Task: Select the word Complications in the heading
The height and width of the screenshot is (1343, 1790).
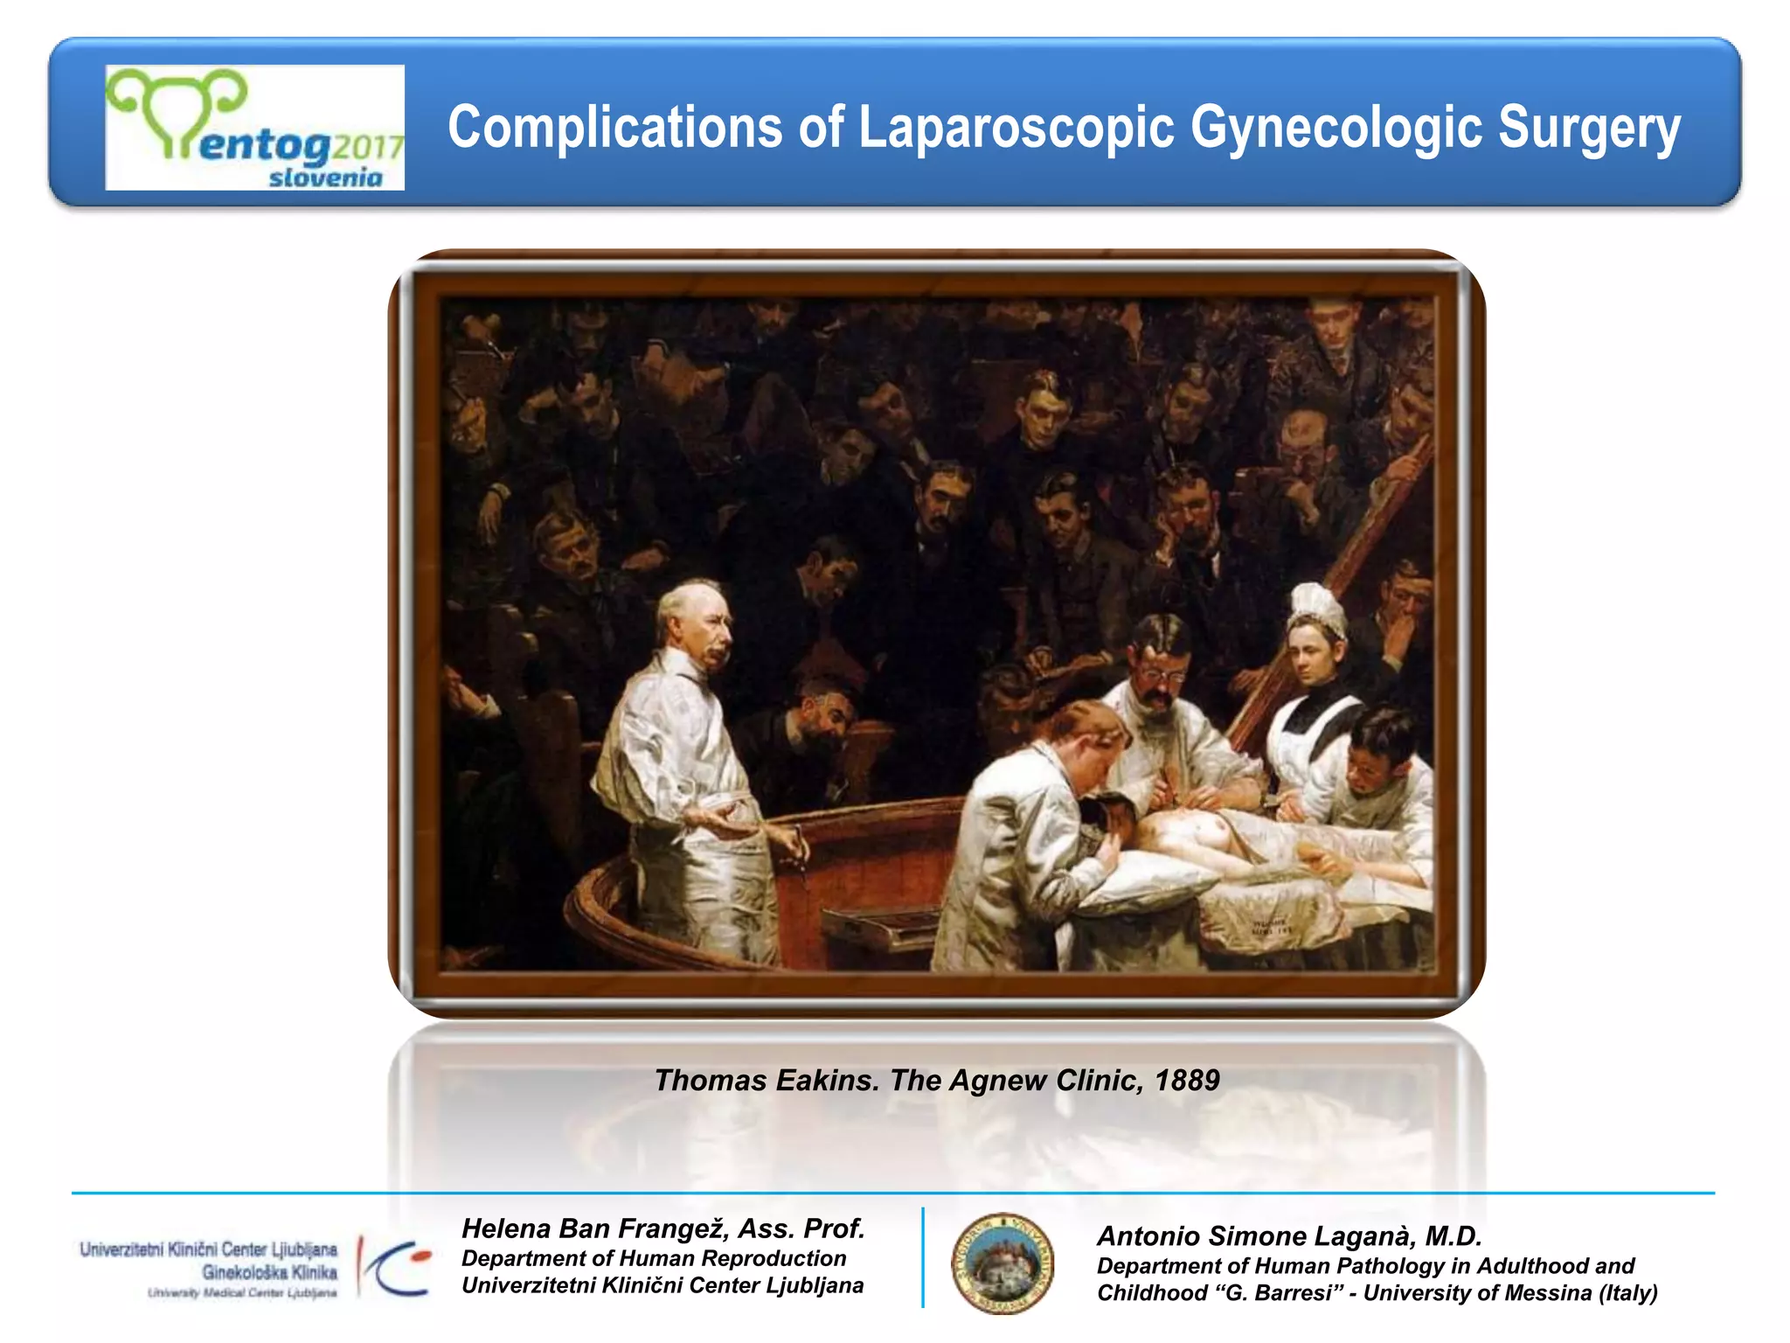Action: pyautogui.click(x=614, y=128)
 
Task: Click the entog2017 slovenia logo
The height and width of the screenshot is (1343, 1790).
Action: pyautogui.click(x=254, y=128)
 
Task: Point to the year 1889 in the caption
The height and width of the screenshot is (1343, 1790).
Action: pyautogui.click(x=1186, y=1081)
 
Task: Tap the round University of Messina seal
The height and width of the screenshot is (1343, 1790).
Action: pyautogui.click(x=1002, y=1263)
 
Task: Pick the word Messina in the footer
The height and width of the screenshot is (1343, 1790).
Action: pyautogui.click(x=1549, y=1293)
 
